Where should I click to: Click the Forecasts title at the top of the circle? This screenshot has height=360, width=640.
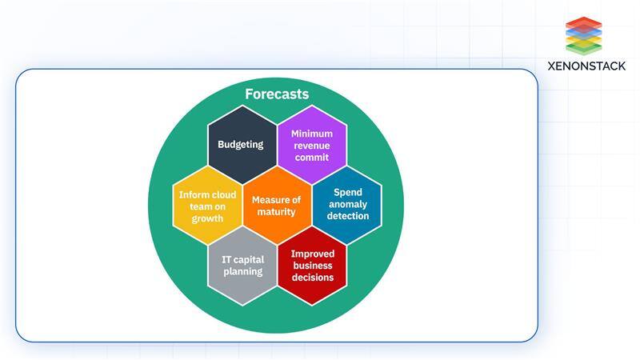277,94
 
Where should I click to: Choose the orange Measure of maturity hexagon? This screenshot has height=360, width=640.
276,206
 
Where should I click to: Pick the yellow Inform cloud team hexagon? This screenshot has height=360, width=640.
206,206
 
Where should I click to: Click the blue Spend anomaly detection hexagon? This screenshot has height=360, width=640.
346,205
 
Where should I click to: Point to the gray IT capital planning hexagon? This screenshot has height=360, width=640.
242,266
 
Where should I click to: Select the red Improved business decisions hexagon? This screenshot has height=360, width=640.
311,266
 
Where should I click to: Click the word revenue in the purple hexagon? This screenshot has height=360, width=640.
311,146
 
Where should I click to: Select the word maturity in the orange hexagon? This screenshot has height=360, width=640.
276,212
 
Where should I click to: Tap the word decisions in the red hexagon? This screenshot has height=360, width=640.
311,278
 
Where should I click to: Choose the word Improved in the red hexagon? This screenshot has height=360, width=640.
311,254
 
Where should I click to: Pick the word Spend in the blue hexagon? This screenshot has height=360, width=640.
348,193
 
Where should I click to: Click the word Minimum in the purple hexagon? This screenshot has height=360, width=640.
311,134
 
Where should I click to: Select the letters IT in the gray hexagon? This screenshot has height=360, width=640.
226,260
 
